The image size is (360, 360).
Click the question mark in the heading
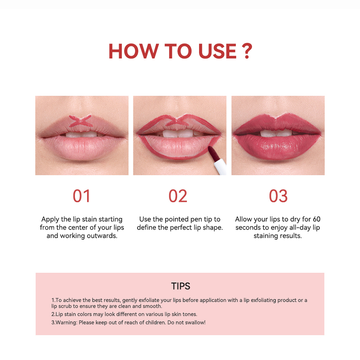[247, 51]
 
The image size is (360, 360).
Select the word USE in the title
[217, 51]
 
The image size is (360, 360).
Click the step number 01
[81, 196]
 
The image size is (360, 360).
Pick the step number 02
[178, 196]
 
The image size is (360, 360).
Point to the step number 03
[278, 196]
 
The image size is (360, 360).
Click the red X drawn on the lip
[81, 121]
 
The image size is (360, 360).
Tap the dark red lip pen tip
[213, 154]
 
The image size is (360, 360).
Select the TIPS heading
[181, 286]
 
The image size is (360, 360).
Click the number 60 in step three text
[316, 219]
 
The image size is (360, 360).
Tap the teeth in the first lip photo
[81, 134]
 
